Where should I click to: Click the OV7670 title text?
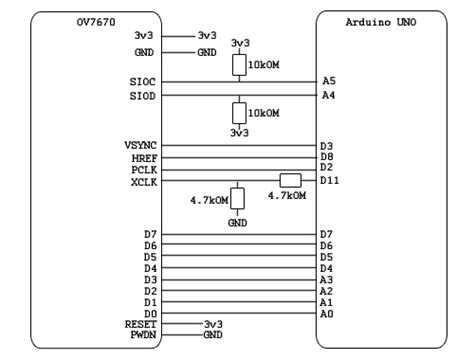tap(95, 20)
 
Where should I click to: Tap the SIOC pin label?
tap(142, 80)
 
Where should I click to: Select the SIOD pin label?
tap(142, 96)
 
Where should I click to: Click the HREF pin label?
tap(144, 157)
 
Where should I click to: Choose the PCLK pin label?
tap(144, 168)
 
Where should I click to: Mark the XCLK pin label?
tap(144, 180)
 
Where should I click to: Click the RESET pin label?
tap(140, 324)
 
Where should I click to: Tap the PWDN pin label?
tap(142, 335)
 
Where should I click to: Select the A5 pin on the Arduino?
tap(329, 80)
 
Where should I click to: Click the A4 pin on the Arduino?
tap(329, 96)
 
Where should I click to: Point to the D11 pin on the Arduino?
tap(331, 180)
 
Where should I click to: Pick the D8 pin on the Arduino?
tap(327, 157)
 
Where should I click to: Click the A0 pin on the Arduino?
tap(327, 313)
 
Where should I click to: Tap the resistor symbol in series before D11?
tap(290, 180)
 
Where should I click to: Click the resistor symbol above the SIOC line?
tap(239, 65)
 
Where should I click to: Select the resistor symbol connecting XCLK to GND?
tap(237, 198)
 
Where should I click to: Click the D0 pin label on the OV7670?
tap(150, 313)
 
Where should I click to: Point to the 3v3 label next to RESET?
tap(212, 324)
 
